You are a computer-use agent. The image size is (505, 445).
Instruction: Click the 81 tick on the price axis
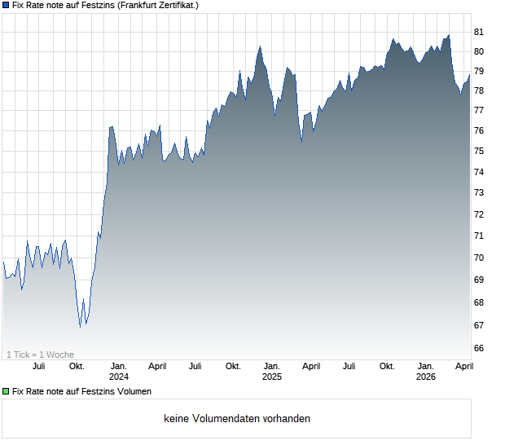(479, 32)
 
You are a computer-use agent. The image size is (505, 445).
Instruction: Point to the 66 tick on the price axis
(479, 348)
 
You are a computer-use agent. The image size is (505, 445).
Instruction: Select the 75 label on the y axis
(479, 151)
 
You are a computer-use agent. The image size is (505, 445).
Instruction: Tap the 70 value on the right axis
(479, 258)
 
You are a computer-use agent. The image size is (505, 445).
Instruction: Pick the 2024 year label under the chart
(119, 377)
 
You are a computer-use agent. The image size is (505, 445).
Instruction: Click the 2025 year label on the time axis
(272, 377)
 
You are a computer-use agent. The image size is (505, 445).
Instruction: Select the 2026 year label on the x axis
(425, 377)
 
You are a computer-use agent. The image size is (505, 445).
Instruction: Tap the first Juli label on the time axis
(38, 367)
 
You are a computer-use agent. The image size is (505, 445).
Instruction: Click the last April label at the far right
(463, 367)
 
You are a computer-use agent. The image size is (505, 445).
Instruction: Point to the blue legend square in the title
(6, 6)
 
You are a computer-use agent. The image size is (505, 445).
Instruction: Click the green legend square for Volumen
(6, 391)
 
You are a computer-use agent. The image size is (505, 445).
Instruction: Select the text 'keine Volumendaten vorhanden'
(237, 419)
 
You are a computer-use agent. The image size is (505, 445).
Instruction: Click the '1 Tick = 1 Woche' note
(40, 355)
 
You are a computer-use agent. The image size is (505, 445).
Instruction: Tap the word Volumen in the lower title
(133, 391)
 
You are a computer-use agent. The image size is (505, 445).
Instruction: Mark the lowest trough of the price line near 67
(80, 328)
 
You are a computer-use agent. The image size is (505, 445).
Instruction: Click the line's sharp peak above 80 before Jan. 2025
(260, 46)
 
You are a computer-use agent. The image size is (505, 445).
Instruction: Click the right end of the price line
(469, 75)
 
